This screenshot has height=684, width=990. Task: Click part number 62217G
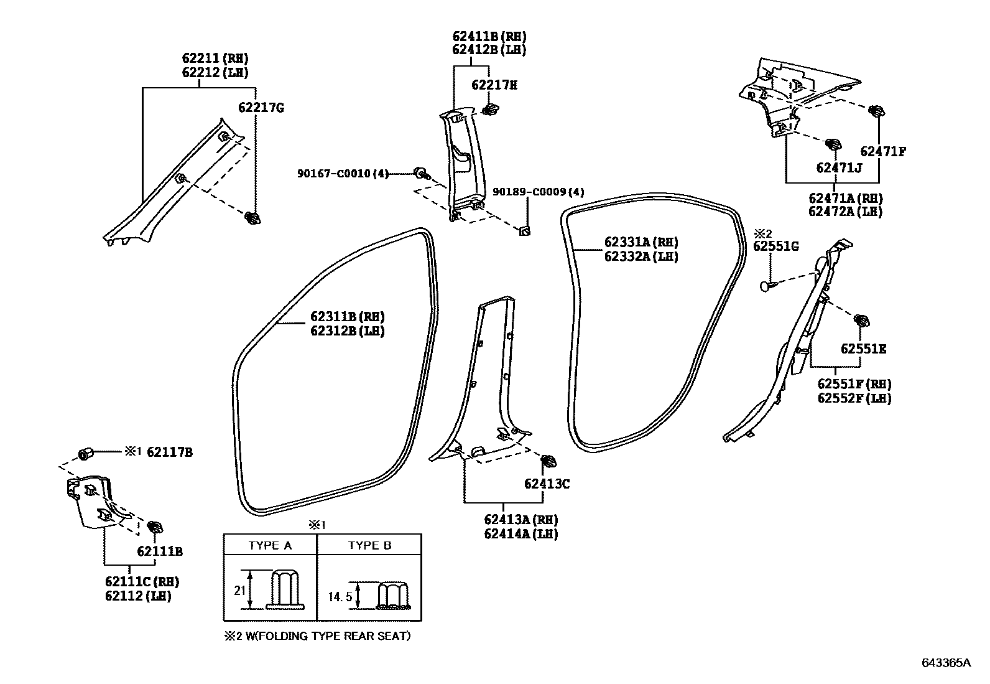[261, 108]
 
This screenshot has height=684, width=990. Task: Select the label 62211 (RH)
[215, 59]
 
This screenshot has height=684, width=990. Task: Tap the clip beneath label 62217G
[252, 218]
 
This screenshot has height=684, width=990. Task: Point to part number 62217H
[494, 85]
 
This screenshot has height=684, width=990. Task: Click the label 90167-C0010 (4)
[343, 173]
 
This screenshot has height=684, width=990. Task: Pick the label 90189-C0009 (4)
[538, 192]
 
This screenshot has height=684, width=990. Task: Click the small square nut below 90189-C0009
[524, 232]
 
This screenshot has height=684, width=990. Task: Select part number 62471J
[840, 167]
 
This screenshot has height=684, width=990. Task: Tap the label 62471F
[883, 151]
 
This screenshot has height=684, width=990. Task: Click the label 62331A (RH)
[641, 242]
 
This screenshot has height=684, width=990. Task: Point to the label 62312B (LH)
[348, 331]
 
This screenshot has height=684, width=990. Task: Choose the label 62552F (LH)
[854, 398]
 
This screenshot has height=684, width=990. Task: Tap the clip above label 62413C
[549, 462]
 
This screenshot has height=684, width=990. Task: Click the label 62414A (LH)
[520, 533]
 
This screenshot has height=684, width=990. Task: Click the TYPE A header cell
[270, 545]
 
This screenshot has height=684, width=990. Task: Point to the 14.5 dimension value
[340, 597]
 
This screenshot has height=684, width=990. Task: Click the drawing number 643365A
[946, 663]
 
